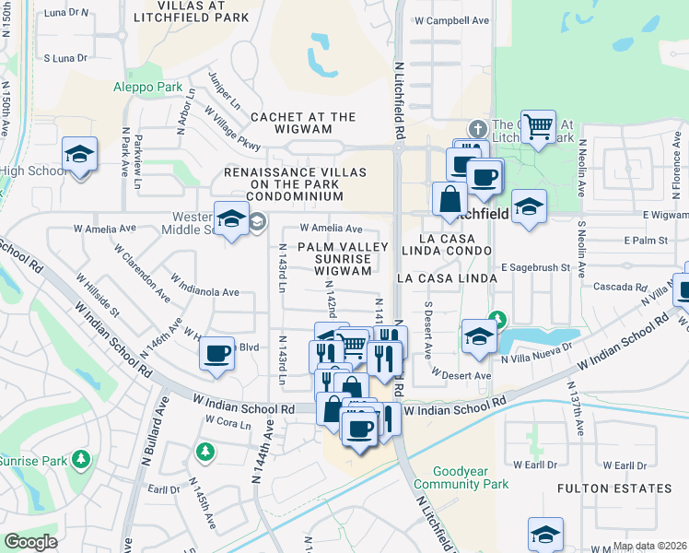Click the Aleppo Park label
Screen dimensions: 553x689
149,87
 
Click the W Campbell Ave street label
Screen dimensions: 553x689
451,19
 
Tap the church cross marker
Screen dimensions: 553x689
477,127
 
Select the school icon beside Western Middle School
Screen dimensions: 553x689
231,219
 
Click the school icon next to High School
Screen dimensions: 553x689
80,154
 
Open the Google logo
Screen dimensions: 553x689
31,542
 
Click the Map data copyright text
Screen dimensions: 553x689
649,546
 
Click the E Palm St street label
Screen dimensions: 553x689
644,240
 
